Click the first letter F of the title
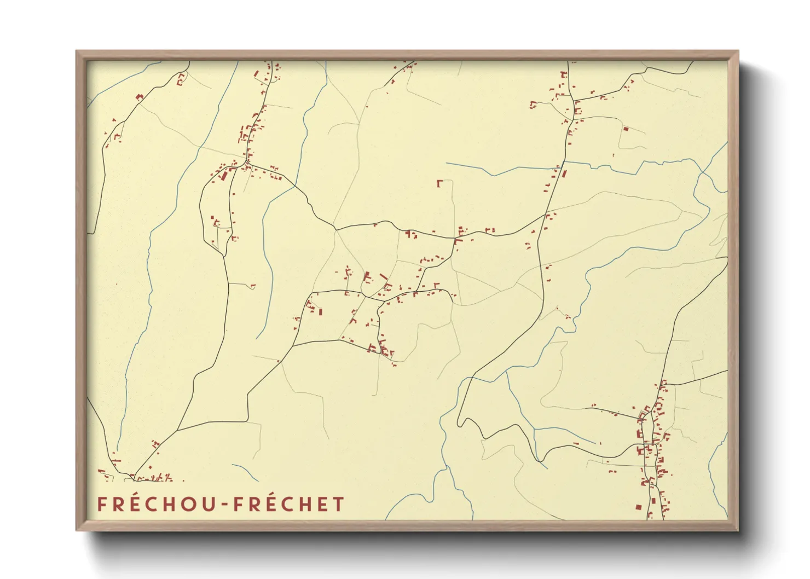tap(101, 504)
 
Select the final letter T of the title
tap(339, 504)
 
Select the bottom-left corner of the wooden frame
tap(77, 530)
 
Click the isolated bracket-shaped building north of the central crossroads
tap(439, 183)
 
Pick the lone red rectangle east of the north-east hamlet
tap(626, 129)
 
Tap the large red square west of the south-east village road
tap(638, 507)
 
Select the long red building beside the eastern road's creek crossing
tap(564, 175)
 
